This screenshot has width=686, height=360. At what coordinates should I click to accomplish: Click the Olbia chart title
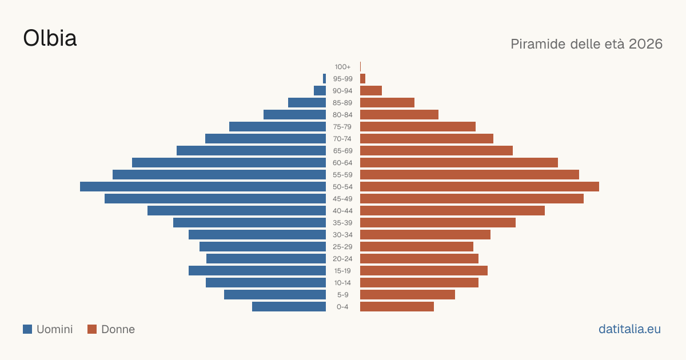pos(50,38)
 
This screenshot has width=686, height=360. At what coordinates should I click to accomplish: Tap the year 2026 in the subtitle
pos(645,44)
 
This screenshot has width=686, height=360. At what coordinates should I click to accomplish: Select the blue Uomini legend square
pos(27,329)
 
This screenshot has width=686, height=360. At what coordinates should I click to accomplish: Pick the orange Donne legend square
pos(92,329)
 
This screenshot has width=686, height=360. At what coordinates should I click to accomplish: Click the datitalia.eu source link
pos(629,329)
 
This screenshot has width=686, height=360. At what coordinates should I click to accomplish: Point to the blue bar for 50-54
pos(203,186)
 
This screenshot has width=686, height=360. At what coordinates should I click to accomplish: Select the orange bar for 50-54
pos(480,186)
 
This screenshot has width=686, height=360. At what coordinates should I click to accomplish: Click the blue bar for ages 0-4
pos(289,306)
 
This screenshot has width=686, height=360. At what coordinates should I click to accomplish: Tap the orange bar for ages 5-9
pos(408,294)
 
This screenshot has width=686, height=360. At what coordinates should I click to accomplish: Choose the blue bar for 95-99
pos(324,78)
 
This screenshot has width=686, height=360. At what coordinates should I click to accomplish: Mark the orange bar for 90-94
pos(371,91)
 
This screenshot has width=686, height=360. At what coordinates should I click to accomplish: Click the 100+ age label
pos(342,67)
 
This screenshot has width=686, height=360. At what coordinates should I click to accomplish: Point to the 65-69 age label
pos(342,151)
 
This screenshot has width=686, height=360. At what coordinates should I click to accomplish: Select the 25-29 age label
pos(342,247)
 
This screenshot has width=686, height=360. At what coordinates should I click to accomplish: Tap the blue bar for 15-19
pos(257,271)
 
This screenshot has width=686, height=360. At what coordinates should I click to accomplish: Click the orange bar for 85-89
pos(387,102)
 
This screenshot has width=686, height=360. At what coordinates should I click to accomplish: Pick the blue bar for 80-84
pos(294,114)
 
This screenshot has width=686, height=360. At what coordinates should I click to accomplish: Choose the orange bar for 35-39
pos(438,222)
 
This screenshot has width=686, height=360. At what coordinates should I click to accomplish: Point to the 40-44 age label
pos(342,211)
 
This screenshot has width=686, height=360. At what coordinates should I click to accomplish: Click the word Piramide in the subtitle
pos(538,44)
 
